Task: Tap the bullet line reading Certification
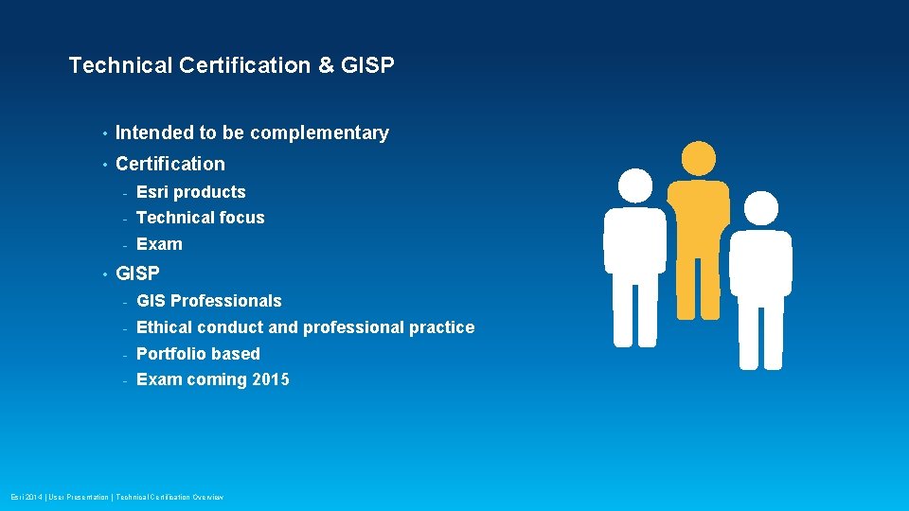pos(170,164)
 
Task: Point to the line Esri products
pos(190,192)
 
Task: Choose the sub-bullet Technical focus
pos(200,218)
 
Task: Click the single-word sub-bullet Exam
pos(159,244)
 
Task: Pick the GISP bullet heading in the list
pos(137,274)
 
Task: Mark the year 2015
pos(270,379)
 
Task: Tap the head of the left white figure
pos(634,186)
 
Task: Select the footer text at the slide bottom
pos(117,497)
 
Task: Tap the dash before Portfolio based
pos(125,355)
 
